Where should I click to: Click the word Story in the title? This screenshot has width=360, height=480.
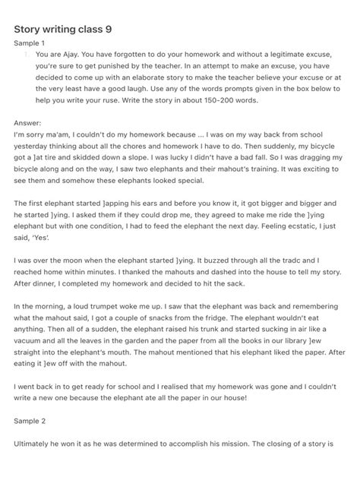pos(28,29)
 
